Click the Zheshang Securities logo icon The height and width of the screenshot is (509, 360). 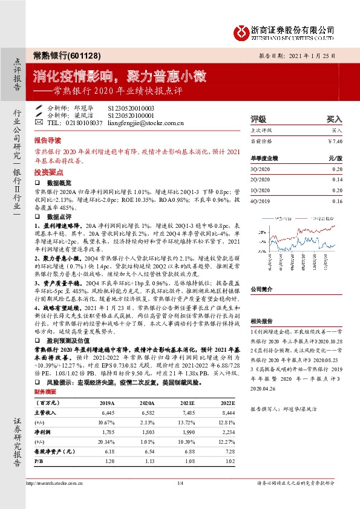(242, 30)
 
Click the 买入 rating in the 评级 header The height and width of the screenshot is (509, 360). (334, 119)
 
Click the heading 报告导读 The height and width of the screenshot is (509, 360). (47, 138)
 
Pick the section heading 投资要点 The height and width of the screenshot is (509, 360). (47, 172)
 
